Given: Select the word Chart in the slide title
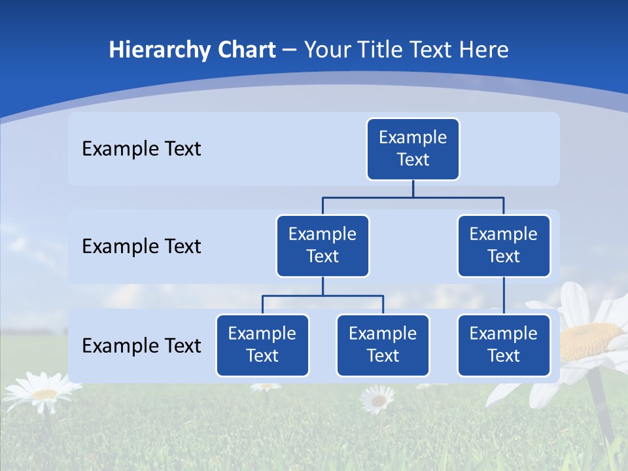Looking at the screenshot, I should point(246,50).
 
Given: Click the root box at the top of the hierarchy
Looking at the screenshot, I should point(413,149).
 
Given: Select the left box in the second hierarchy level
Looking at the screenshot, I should point(323,246).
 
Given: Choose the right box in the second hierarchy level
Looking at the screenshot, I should point(504,246).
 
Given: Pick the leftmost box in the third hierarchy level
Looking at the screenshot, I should point(262,345).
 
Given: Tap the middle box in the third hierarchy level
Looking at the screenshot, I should point(383,345).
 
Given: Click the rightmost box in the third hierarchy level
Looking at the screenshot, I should point(504,345).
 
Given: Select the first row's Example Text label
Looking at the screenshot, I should point(141,149).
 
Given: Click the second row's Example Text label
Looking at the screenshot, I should point(141,247).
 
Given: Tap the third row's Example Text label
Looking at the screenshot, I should point(141,345).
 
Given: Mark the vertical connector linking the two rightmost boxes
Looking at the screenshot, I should point(504,296).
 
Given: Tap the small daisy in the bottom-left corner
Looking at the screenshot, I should point(43,393).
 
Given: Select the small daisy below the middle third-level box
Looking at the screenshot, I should point(377,398).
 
